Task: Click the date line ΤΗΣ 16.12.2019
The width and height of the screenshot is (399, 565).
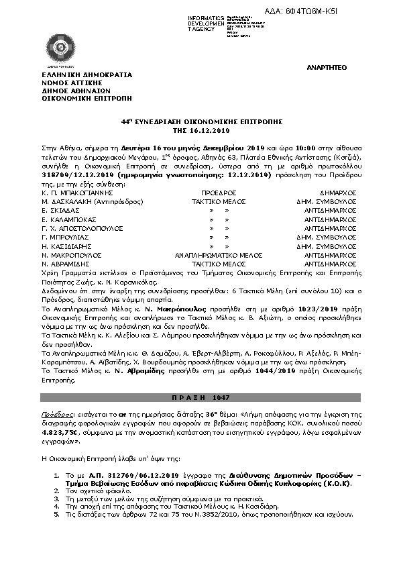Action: (199, 131)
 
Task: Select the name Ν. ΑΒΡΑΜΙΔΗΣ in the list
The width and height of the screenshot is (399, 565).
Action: (66, 264)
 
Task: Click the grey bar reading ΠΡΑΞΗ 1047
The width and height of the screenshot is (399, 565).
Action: (199, 398)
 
